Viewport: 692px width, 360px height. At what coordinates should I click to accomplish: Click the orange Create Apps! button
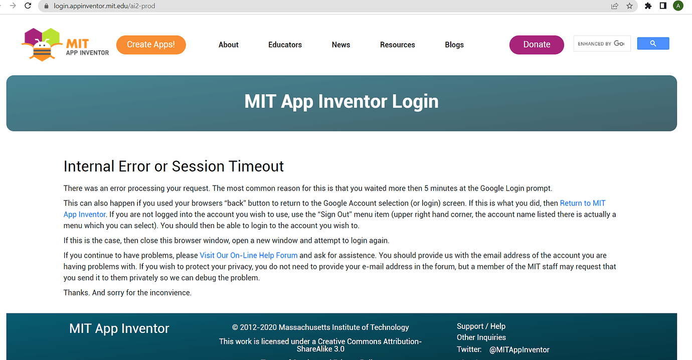tap(151, 45)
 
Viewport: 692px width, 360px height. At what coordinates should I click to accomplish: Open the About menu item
tap(228, 45)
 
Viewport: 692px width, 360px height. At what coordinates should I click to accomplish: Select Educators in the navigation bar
tap(285, 45)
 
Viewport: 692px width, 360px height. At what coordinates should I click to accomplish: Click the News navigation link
tap(341, 45)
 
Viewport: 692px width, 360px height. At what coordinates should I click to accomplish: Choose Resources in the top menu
tap(397, 45)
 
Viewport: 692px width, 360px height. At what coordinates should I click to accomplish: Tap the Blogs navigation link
tap(454, 45)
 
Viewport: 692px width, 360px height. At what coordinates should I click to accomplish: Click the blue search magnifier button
tap(653, 44)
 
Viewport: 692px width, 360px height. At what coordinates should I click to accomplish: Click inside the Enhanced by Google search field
tap(602, 44)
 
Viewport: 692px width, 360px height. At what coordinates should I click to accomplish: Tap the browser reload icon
tap(28, 6)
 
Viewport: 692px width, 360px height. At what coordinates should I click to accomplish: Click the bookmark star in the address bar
tap(629, 6)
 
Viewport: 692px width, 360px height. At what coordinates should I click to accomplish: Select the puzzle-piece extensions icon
tap(648, 6)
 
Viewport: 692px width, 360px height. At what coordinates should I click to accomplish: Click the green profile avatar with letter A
tap(678, 6)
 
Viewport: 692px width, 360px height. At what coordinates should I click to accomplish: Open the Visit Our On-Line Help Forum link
tap(248, 255)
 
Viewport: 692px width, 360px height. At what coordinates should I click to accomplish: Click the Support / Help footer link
tap(481, 326)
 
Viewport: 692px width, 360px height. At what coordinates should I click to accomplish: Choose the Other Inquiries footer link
tap(481, 337)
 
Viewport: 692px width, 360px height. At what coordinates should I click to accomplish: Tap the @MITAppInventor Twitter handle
tap(520, 350)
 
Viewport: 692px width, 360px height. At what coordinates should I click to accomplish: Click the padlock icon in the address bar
tap(46, 6)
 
